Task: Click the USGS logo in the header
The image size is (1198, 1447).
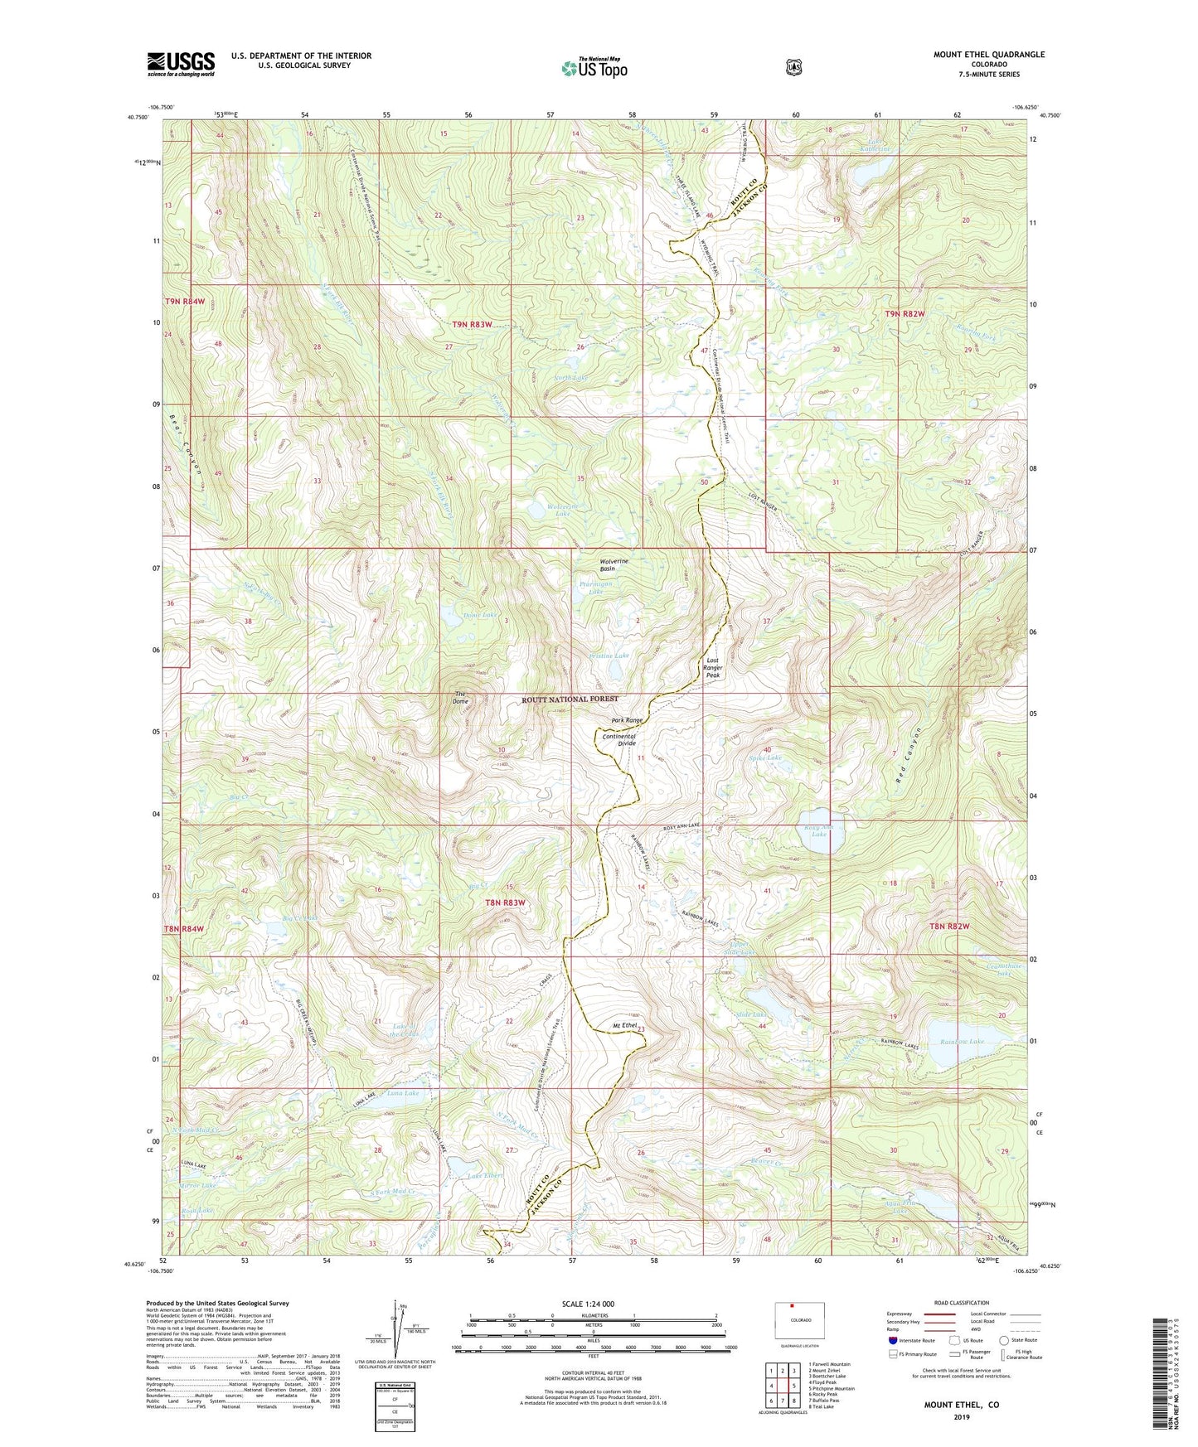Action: click(181, 64)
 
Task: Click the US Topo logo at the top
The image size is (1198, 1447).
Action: click(593, 68)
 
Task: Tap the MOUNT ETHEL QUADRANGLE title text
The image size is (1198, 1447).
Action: click(988, 55)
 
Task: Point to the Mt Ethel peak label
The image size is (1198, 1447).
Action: click(624, 1026)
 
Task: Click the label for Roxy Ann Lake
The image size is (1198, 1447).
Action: click(818, 830)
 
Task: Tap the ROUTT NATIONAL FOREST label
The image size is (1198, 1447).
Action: click(570, 699)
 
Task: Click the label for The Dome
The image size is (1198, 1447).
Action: click(461, 698)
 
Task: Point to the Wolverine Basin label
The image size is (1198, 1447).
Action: click(614, 565)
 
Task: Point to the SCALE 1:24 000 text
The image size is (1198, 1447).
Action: click(588, 1304)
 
